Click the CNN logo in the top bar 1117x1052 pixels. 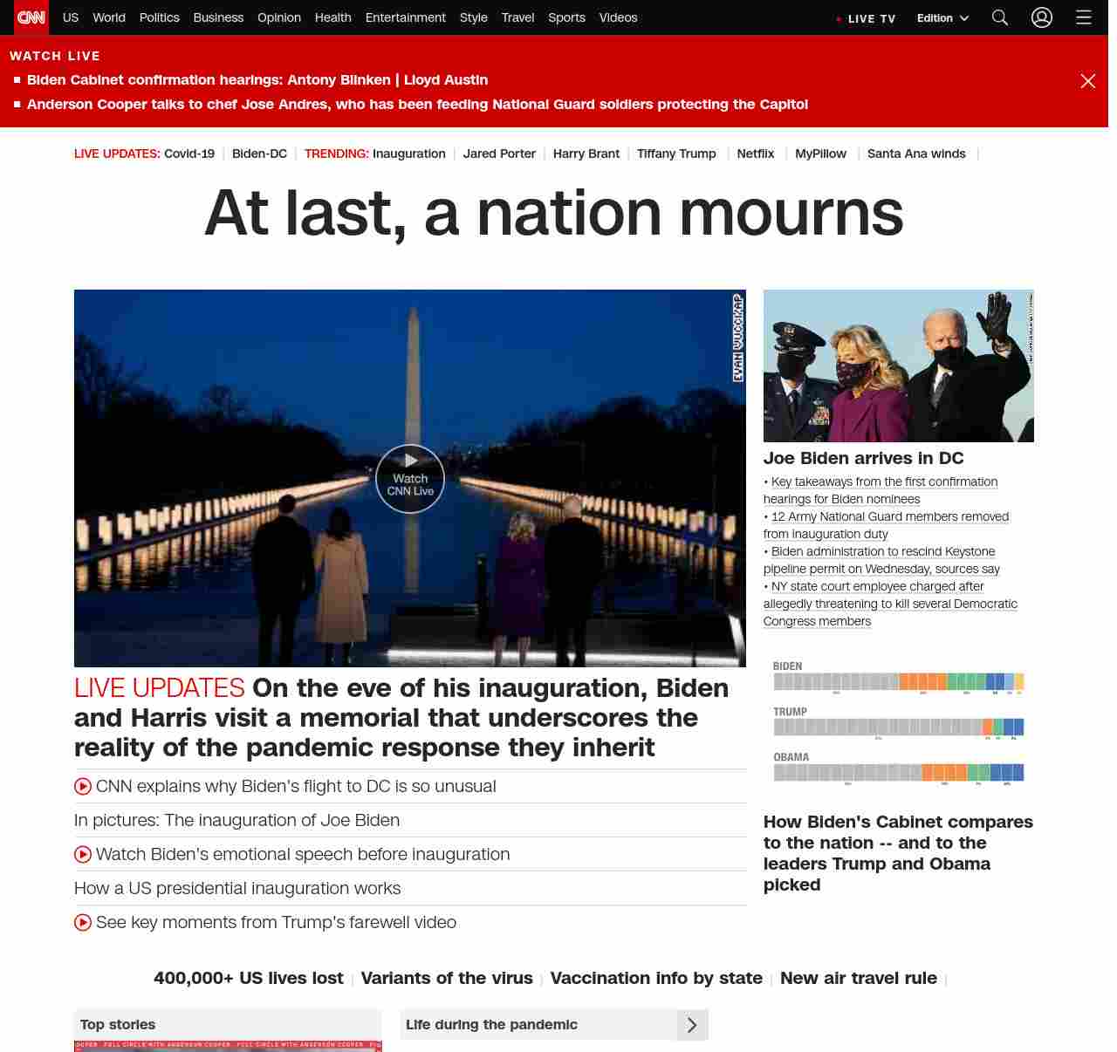point(31,17)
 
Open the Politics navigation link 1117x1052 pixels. point(159,17)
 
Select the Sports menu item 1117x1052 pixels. point(566,17)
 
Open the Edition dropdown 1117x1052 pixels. point(942,17)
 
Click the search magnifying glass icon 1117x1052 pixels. point(1000,17)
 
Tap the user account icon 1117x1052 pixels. point(1042,17)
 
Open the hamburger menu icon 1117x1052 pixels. point(1084,17)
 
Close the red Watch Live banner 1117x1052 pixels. point(1088,81)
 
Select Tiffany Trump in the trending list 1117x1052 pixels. point(676,154)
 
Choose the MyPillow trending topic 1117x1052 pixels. point(820,154)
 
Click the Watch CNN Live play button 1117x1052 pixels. point(410,478)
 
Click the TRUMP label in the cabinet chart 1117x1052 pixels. point(790,712)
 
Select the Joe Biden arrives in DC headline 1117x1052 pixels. point(863,458)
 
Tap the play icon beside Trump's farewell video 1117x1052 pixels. point(83,922)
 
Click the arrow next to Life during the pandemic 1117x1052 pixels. point(692,1025)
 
